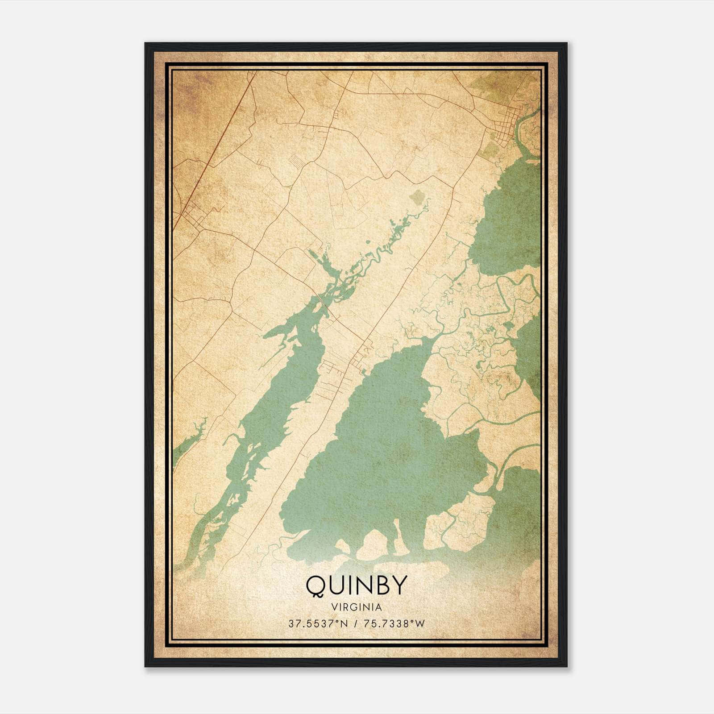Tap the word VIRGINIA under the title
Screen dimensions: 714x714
click(356, 607)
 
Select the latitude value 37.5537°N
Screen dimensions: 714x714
click(317, 624)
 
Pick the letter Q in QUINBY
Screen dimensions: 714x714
click(317, 585)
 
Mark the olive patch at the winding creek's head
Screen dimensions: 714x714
click(418, 196)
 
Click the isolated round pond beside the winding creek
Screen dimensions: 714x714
click(367, 243)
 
